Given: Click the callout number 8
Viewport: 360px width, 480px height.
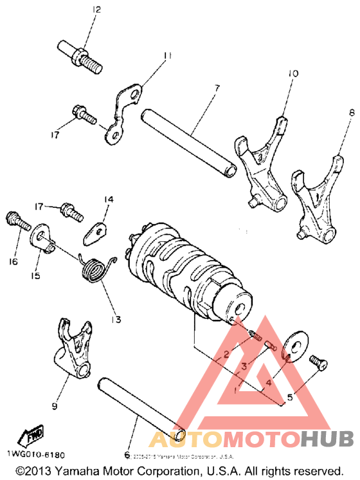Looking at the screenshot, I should point(333,113).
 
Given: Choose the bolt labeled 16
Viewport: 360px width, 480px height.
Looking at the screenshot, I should point(18,222).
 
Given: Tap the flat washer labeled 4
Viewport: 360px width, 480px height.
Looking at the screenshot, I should point(292,347).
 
